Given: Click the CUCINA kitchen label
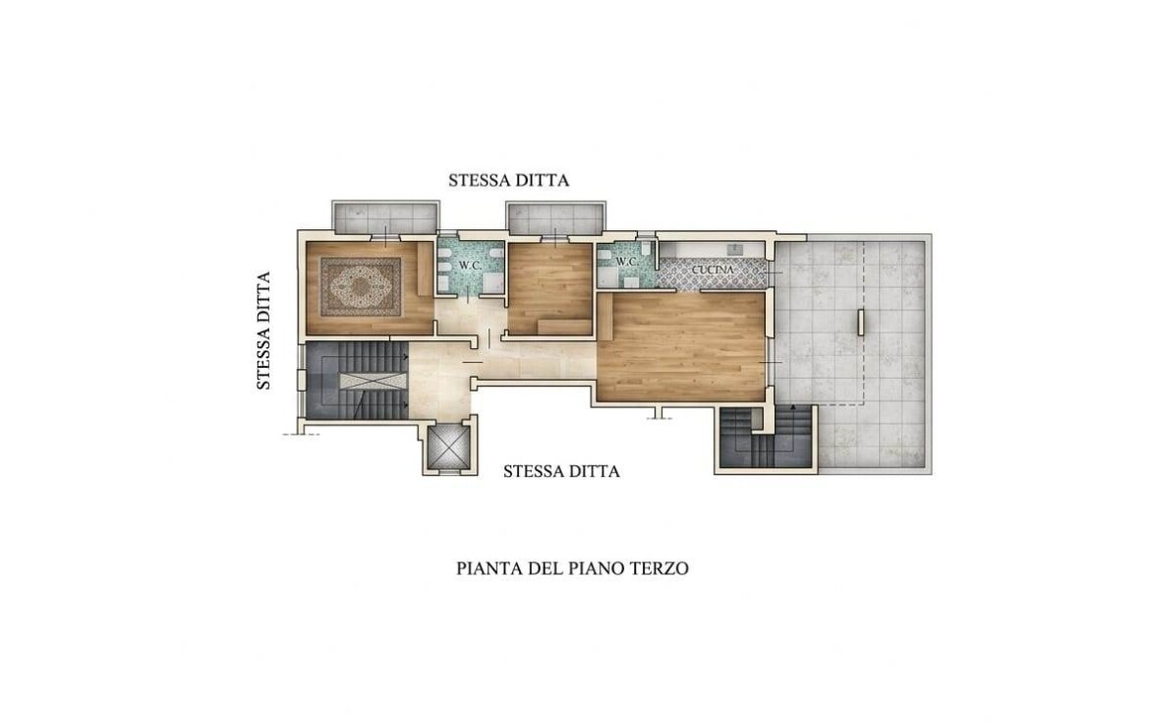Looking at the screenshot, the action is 713,271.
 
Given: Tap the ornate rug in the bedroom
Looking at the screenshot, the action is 362,287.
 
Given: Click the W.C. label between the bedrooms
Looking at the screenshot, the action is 470,265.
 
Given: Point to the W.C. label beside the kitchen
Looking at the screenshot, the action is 625,262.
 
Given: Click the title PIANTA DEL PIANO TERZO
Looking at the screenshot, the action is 572,569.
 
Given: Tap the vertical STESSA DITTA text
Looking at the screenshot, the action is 264,331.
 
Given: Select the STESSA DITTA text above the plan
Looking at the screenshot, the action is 509,180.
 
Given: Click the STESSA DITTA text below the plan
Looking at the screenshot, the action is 561,471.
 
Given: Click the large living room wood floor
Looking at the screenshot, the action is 681,346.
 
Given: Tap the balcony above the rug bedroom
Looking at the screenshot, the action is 385,215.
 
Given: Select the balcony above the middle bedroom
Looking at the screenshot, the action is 556,215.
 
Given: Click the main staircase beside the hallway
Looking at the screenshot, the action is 357,381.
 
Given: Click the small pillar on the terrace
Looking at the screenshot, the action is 861,323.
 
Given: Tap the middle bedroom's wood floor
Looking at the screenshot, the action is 549,289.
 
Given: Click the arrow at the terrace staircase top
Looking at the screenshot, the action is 793,407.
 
